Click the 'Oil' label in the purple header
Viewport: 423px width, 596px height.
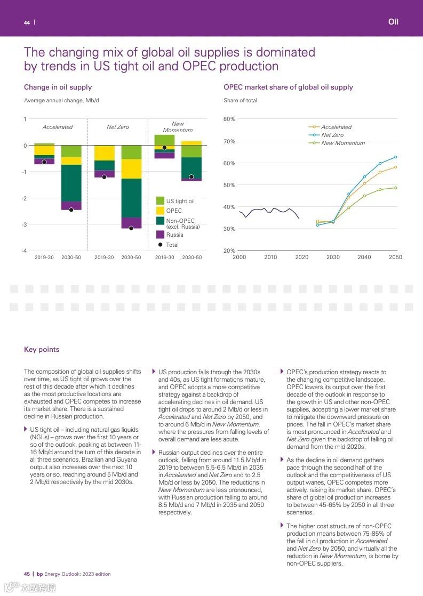coord(393,22)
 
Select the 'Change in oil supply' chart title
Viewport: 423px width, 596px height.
coord(58,87)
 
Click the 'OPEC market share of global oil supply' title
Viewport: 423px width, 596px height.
coord(288,87)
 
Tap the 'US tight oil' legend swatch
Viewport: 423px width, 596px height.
coord(160,201)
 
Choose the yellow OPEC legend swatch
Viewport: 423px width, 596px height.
coord(160,211)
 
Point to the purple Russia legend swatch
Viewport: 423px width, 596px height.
coord(160,235)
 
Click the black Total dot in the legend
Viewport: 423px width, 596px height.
coord(160,245)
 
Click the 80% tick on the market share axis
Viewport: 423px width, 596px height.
coord(229,119)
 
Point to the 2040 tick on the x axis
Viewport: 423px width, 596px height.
coord(364,257)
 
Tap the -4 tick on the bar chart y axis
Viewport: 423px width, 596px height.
coord(24,251)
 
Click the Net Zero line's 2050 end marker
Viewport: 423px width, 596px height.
coord(395,157)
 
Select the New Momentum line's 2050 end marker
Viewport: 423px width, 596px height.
coord(395,188)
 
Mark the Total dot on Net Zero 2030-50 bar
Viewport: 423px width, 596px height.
coord(131,228)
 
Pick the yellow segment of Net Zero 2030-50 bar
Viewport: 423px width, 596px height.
coord(131,168)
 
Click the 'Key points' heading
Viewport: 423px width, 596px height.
coord(42,350)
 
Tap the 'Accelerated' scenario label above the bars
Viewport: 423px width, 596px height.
coord(58,127)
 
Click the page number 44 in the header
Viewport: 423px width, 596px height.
coord(27,22)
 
